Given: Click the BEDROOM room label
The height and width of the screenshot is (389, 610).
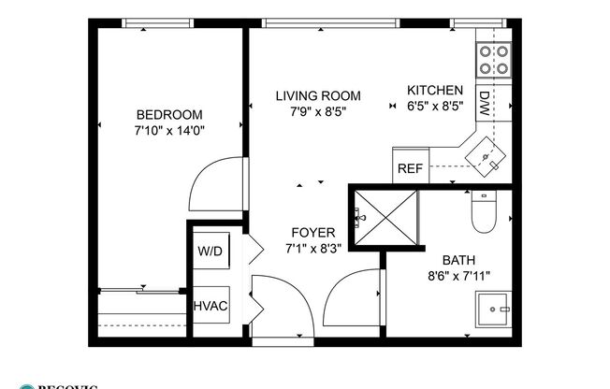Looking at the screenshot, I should (x=168, y=115).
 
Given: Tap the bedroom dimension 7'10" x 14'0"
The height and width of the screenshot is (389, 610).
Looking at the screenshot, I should (x=168, y=132).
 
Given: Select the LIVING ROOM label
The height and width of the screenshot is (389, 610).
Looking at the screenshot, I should (x=318, y=95).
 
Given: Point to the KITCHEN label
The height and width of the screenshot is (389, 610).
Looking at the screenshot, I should (x=435, y=90).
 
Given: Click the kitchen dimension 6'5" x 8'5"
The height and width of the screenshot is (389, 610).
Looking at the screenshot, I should (x=435, y=107).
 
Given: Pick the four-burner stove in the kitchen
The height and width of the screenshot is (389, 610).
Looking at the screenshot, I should (x=494, y=60).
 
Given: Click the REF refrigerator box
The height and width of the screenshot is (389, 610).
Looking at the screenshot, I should (x=410, y=169).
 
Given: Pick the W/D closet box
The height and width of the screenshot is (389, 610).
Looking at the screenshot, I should (x=209, y=252).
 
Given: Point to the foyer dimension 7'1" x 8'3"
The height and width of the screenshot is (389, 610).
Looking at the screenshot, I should (x=312, y=249).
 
